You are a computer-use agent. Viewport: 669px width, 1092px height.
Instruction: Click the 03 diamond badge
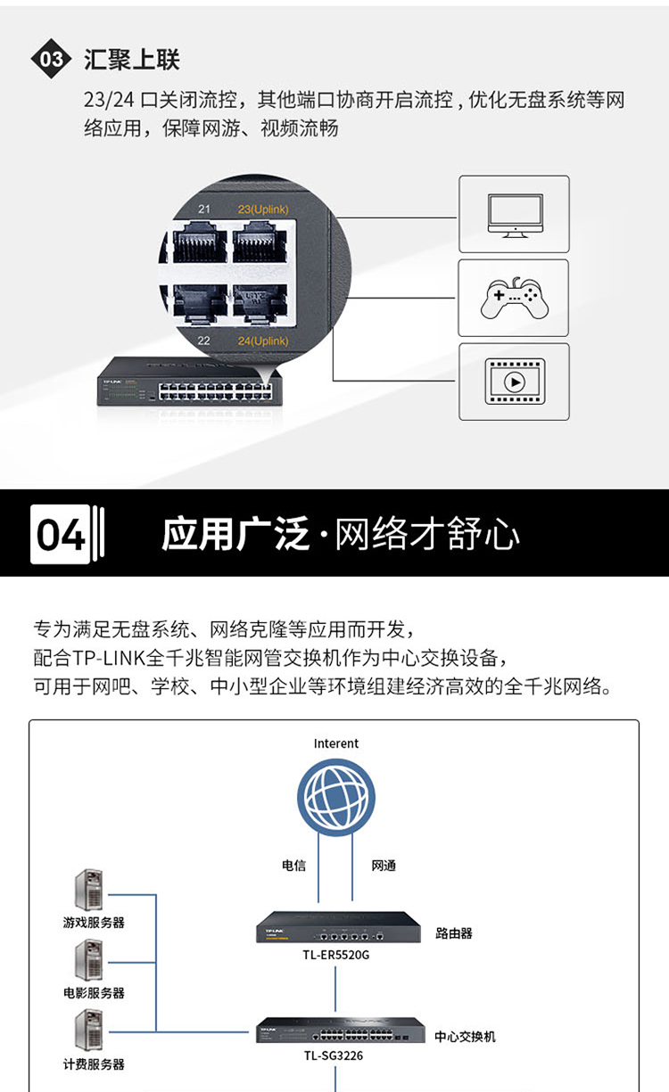click(51, 59)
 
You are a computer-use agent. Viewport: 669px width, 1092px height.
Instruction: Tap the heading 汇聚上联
click(132, 60)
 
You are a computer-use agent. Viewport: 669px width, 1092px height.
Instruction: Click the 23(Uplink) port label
click(263, 209)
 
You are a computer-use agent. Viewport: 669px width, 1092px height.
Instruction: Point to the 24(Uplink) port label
click(263, 341)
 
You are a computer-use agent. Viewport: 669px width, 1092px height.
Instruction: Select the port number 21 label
click(204, 209)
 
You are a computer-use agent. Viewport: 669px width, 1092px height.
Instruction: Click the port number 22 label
click(204, 341)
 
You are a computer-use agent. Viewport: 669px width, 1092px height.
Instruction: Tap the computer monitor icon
click(516, 216)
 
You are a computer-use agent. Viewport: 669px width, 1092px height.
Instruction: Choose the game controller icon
click(515, 299)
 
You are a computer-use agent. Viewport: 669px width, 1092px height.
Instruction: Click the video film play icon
click(516, 382)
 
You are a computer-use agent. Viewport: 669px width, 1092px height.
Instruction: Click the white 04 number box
click(61, 534)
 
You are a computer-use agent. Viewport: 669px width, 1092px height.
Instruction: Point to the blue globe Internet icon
click(336, 797)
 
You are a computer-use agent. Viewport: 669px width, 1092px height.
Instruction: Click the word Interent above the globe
click(335, 743)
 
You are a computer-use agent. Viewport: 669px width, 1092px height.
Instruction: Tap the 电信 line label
click(293, 866)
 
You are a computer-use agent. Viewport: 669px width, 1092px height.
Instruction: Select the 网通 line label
click(384, 866)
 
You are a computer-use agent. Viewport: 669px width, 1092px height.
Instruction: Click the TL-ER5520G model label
click(335, 955)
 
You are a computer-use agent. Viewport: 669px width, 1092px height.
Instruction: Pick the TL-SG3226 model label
click(334, 1055)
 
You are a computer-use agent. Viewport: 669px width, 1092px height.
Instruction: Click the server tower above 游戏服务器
click(89, 890)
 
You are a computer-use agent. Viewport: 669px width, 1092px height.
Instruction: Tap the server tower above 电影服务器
click(89, 960)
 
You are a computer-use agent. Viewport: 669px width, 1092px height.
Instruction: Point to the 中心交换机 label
click(465, 1037)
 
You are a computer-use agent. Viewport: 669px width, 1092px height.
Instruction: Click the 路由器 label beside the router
click(454, 933)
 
